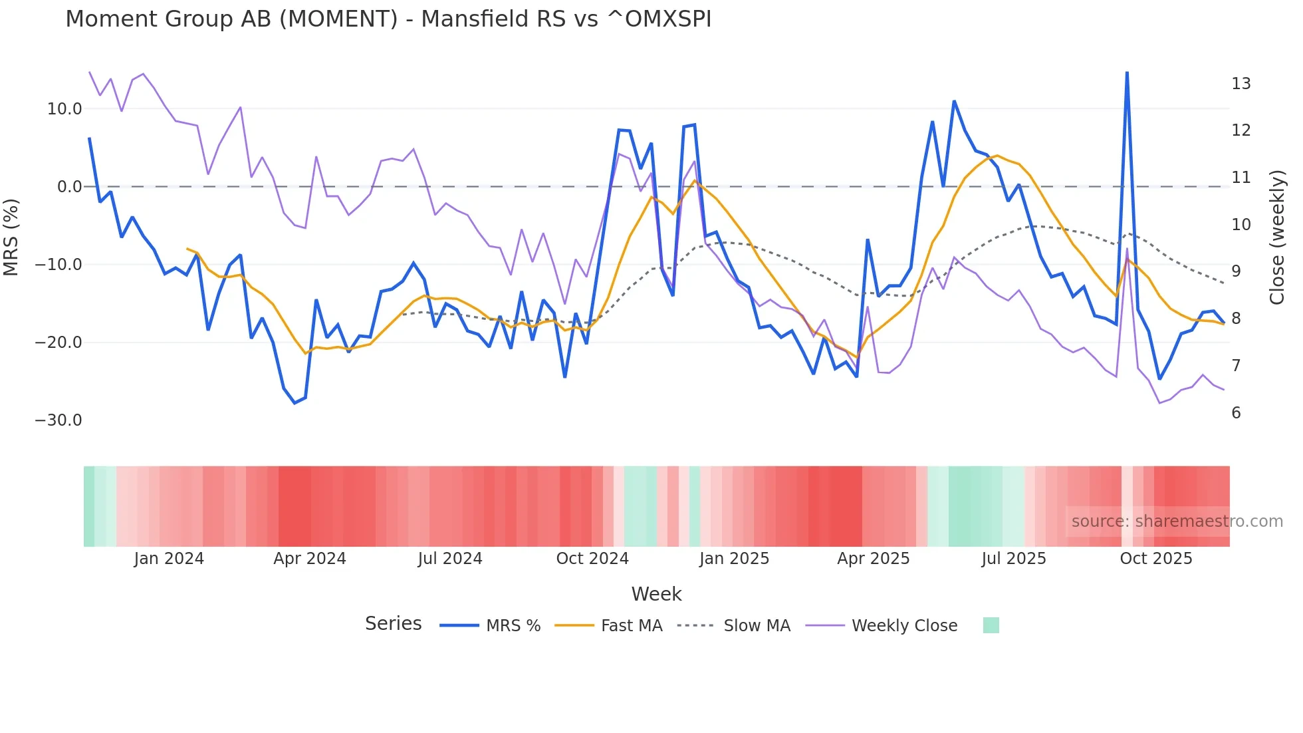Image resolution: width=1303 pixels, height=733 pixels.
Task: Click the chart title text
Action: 388,19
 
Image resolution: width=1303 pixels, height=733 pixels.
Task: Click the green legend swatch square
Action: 991,625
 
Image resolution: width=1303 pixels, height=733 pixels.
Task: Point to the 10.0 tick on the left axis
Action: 64,109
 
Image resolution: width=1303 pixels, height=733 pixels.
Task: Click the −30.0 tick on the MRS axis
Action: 59,420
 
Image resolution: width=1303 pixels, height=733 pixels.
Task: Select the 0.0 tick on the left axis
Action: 70,187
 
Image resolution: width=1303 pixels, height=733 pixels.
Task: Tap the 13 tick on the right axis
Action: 1241,84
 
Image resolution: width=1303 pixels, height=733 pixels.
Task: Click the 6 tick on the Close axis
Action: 1236,413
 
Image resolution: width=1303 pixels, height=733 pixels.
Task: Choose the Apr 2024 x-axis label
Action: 310,559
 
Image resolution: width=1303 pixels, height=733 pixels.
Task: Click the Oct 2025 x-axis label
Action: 1156,559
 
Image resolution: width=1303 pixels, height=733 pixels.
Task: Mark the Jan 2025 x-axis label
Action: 734,559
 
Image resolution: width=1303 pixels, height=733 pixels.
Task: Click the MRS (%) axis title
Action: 11,237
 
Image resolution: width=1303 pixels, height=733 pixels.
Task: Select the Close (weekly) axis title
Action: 1277,237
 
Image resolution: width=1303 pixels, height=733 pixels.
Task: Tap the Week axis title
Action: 656,594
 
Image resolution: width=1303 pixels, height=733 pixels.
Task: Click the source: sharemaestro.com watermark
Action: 1177,521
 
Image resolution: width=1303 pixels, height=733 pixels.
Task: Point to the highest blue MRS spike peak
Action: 1127,73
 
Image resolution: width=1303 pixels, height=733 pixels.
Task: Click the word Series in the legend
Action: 393,624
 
